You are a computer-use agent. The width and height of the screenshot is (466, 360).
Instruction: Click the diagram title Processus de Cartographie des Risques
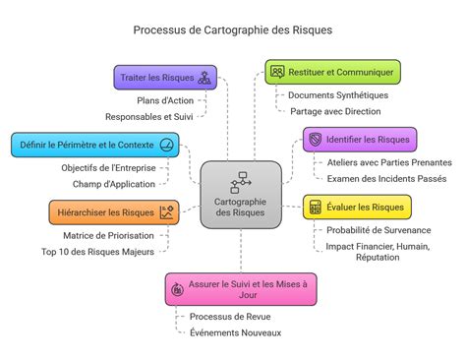pos(233,30)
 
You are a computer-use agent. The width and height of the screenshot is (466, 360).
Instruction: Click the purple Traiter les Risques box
pos(164,78)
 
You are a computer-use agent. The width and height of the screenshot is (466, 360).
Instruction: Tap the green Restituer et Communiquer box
pos(333,72)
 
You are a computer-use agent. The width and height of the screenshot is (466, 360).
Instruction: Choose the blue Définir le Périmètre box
pos(95,146)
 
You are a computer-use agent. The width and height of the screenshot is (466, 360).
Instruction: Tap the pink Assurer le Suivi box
pos(241,288)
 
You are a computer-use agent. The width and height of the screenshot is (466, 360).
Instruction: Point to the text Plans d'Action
pos(165,100)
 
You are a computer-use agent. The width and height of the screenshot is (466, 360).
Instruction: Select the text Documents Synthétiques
pos(338,95)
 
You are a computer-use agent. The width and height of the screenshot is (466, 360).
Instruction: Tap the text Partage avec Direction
pos(335,111)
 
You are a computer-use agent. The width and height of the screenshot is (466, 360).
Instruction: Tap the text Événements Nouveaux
pos(235,332)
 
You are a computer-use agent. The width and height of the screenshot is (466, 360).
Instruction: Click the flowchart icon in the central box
pos(240,182)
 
